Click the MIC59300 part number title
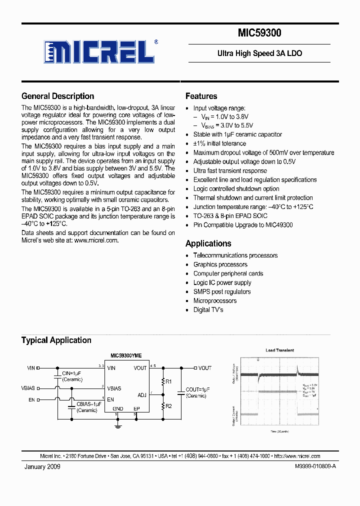click(x=259, y=33)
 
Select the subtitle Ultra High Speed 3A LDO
click(x=259, y=53)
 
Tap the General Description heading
click(x=57, y=96)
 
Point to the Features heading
click(x=201, y=96)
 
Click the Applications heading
click(x=208, y=243)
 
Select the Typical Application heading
click(x=56, y=340)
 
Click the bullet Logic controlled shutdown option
click(x=236, y=188)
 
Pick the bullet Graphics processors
click(x=220, y=264)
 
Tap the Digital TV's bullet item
click(x=208, y=309)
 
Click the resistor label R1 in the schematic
click(x=168, y=382)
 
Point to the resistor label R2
click(x=168, y=406)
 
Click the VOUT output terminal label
click(x=204, y=368)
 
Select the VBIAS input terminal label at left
click(x=28, y=388)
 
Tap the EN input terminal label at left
click(x=31, y=399)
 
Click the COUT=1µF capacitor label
click(x=197, y=389)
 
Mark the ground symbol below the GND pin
click(x=118, y=426)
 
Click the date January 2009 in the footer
click(x=42, y=466)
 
